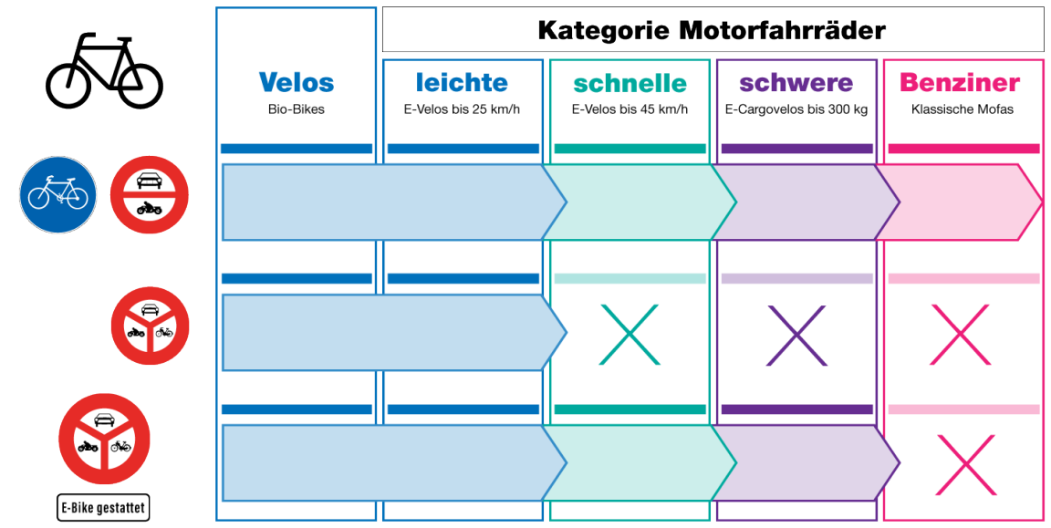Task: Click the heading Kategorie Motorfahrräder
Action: point(712,30)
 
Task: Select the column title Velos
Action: point(297,83)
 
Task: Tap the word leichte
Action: point(462,83)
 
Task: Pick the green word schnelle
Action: point(630,84)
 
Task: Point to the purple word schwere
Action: point(796,83)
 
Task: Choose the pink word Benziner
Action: point(960,83)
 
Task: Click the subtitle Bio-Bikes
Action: point(297,109)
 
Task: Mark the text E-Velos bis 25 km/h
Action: point(462,109)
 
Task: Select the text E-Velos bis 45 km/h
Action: point(630,109)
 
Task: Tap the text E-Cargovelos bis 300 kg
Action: point(796,109)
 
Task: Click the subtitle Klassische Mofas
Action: point(963,109)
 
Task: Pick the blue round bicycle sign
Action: point(57,194)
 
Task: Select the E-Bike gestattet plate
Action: point(103,508)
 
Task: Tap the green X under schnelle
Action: point(630,335)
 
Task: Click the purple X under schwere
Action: point(796,335)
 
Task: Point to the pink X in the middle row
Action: point(962,335)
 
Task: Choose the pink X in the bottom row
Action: point(965,465)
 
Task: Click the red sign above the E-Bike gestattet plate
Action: point(104,438)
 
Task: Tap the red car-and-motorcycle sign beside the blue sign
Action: point(149,194)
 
